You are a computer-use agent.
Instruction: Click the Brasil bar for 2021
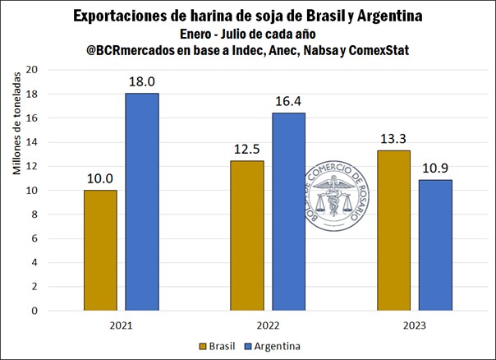tap(100, 251)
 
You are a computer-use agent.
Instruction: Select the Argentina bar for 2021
tap(142, 202)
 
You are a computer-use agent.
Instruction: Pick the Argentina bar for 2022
tap(289, 212)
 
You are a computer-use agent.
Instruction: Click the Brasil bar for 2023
tap(394, 231)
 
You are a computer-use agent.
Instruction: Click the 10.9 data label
tap(436, 168)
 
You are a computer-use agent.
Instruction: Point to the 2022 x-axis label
tap(268, 325)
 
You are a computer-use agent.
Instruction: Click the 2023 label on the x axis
tap(415, 325)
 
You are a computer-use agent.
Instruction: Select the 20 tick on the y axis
tap(34, 70)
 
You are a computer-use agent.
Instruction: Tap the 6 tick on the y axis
tap(36, 239)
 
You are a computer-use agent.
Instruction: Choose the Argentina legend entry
tap(270, 346)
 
